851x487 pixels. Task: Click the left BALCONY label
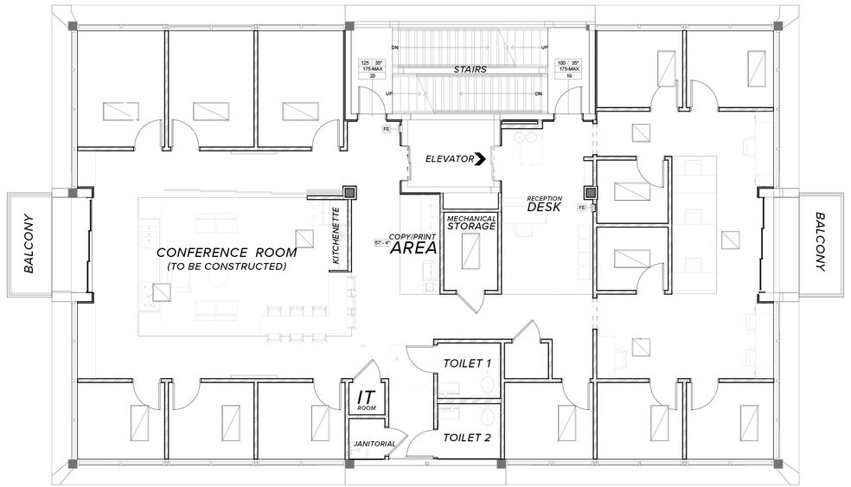point(29,242)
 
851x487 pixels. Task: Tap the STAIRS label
point(470,69)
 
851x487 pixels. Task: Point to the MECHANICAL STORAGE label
point(470,223)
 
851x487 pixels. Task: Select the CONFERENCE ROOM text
point(226,253)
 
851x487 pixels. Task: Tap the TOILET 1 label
point(467,363)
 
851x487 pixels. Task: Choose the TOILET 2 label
point(467,439)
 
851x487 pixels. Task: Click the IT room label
point(365,399)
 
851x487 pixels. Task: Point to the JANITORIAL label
point(374,444)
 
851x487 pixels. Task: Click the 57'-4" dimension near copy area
point(381,242)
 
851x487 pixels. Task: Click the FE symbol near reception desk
point(582,208)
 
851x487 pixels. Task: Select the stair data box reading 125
point(372,69)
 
